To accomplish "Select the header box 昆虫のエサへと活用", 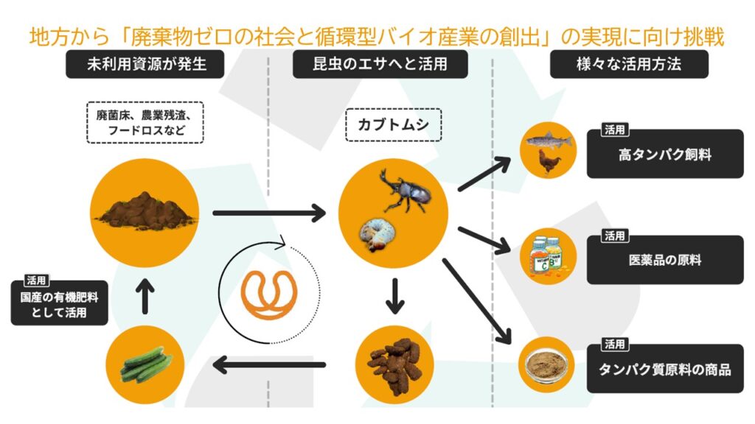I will (x=380, y=65).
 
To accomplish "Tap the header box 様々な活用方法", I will (x=628, y=65).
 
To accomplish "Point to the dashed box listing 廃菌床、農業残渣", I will (x=145, y=122).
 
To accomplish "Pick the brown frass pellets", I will (x=394, y=361).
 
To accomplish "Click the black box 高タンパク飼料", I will (x=665, y=155).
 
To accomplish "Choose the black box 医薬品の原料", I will (x=665, y=260).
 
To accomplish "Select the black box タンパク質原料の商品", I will (x=665, y=369).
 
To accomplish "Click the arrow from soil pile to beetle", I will (x=268, y=213).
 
